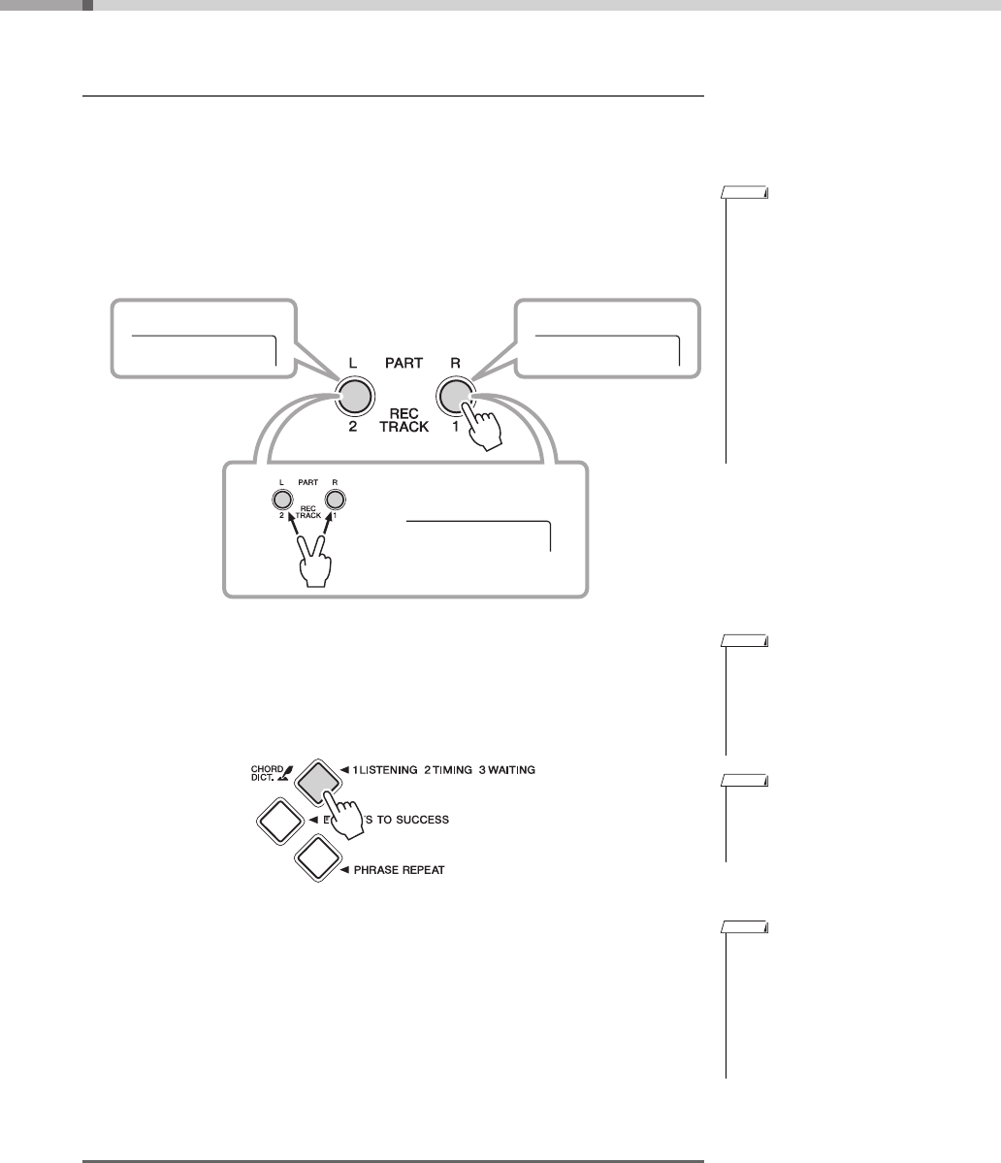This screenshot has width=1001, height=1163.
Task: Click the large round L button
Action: coord(354,396)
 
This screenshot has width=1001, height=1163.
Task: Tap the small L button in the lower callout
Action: coord(281,500)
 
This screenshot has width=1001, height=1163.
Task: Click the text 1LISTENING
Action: coord(381,769)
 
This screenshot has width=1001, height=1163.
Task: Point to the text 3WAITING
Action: coord(506,769)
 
